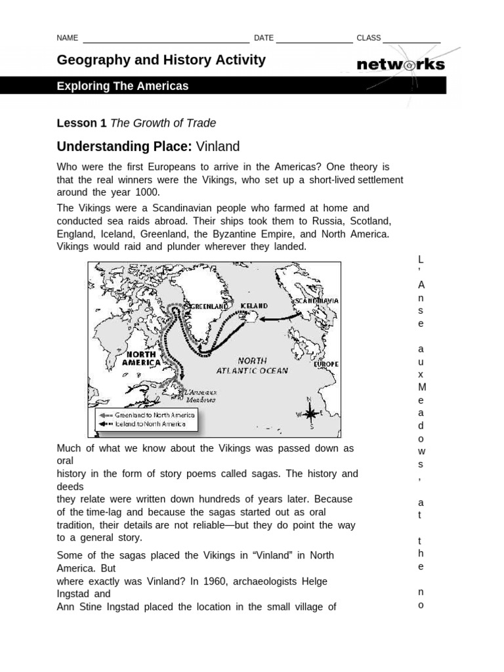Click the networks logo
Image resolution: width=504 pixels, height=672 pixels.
(x=400, y=64)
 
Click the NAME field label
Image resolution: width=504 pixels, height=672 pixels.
(x=68, y=38)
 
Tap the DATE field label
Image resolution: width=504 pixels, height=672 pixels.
(x=263, y=38)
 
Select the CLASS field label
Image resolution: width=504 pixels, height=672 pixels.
(x=368, y=38)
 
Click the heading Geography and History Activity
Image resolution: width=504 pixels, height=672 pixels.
(x=161, y=60)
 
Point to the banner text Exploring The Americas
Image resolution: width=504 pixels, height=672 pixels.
(x=123, y=86)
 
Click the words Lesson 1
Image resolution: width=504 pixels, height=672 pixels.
(x=81, y=123)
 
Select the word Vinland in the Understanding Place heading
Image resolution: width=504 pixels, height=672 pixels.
(x=217, y=146)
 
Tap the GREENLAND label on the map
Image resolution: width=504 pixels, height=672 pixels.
(x=208, y=306)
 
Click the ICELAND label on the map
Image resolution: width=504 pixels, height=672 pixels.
(x=255, y=306)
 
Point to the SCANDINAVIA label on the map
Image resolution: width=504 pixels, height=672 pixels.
(x=317, y=300)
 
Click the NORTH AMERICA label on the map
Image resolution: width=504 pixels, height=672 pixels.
(x=142, y=358)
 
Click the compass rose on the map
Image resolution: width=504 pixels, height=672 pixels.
(x=310, y=413)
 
